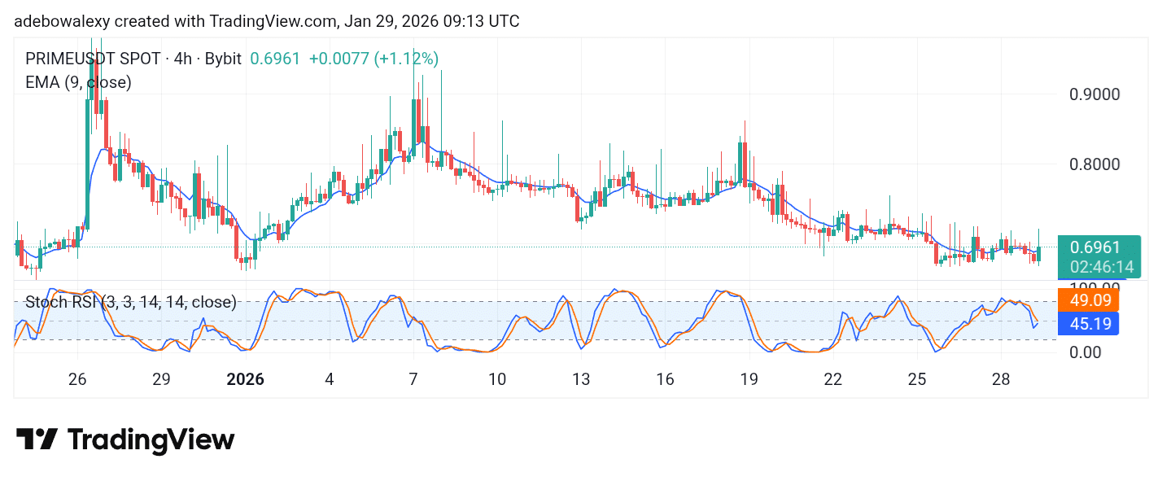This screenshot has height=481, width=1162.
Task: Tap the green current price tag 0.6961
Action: point(1095,247)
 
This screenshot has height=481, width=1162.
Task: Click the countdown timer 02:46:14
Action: point(1095,267)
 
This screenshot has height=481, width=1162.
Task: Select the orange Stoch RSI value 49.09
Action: point(1088,300)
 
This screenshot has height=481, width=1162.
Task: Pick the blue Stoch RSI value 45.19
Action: point(1088,324)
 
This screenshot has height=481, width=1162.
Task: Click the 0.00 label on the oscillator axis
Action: point(1086,352)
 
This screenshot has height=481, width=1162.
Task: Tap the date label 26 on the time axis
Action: point(77,379)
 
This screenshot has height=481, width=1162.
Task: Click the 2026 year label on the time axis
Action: point(245,379)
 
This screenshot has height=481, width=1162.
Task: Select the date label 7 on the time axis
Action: point(413,379)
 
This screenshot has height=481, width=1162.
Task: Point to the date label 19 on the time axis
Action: point(749,379)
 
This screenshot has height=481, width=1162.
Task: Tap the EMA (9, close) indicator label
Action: point(78,82)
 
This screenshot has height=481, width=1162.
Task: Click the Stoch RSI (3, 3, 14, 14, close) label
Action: point(130,303)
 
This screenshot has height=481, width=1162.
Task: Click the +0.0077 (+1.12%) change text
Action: point(373,59)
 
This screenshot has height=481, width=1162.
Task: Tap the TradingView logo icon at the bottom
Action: point(37,440)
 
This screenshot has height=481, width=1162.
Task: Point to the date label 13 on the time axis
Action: point(581,379)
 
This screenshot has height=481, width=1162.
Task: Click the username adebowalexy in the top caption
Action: point(62,22)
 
